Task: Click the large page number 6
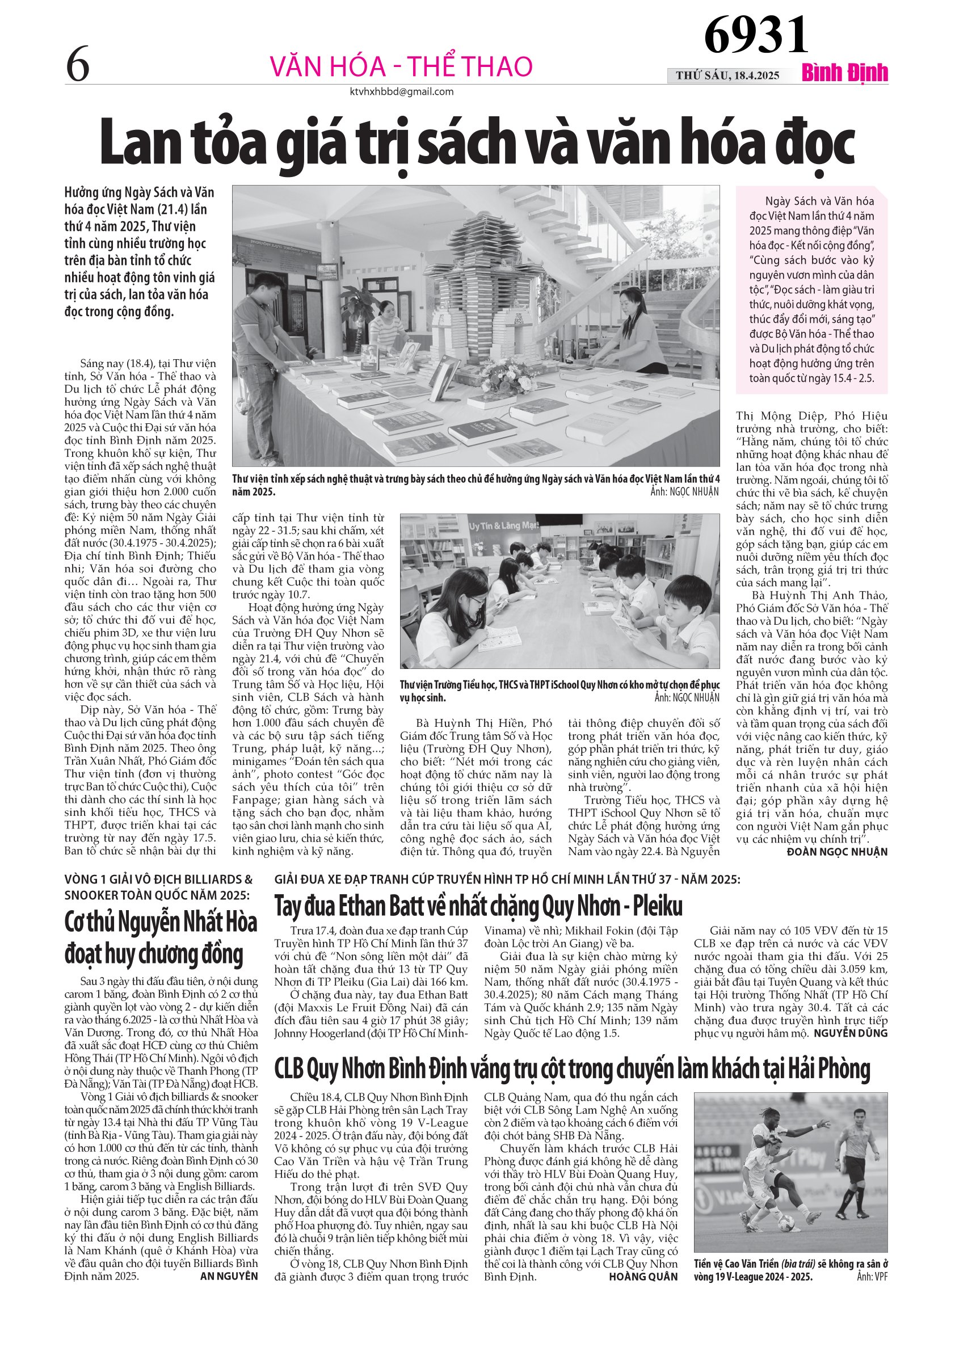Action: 78,65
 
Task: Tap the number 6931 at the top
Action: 756,35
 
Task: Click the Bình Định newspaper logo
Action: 844,73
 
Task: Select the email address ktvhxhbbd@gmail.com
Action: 401,92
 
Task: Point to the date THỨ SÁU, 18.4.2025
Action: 727,75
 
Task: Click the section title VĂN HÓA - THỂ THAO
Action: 401,66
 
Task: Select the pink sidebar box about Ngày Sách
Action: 811,289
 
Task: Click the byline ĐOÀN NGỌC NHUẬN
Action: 837,852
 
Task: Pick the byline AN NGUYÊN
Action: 229,1276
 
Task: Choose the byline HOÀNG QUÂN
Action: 643,1276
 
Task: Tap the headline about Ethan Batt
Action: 478,906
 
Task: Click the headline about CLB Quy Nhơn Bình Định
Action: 572,1068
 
